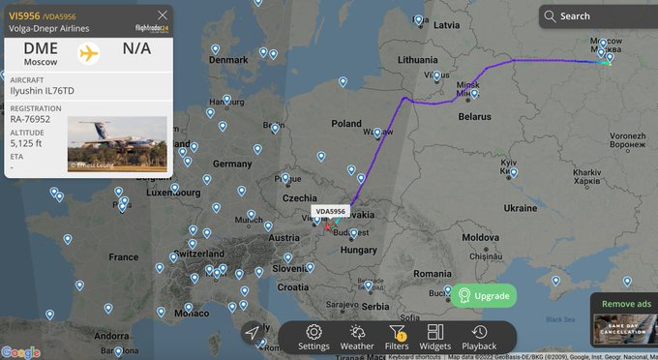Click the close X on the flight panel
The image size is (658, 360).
[162, 15]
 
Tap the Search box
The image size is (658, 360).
[592, 15]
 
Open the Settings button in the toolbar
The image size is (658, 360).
[314, 337]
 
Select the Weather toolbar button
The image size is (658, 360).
[356, 337]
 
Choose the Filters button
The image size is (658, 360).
[397, 337]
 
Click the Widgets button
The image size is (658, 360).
[435, 337]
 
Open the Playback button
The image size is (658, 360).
[479, 337]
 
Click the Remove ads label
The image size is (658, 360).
[626, 304]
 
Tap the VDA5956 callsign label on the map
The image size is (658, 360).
[330, 211]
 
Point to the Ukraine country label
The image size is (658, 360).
[520, 208]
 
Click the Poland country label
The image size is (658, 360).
[345, 124]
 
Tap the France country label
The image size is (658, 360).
[123, 257]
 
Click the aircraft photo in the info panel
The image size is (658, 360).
[117, 143]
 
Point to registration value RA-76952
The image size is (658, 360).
[36, 119]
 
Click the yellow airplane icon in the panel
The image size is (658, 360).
[89, 52]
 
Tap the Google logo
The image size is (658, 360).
[20, 351]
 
